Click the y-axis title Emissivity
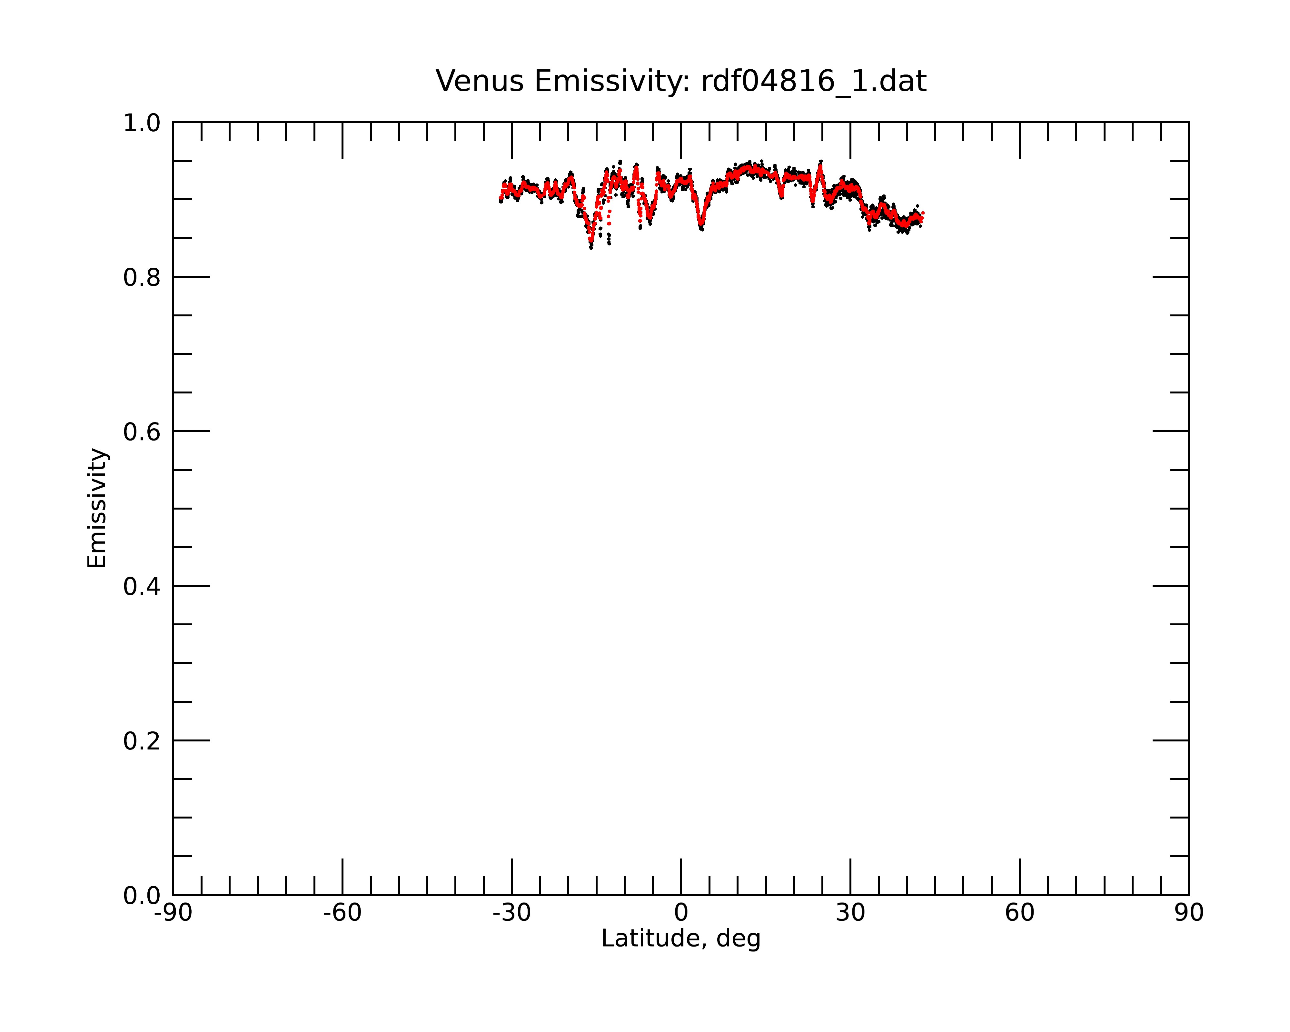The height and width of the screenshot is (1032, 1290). click(x=97, y=508)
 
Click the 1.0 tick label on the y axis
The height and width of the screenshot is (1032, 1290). click(x=142, y=123)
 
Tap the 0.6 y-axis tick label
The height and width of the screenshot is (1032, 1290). click(x=142, y=432)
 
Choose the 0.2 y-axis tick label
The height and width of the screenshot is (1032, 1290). click(x=142, y=741)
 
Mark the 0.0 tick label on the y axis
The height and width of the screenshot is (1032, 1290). click(x=142, y=896)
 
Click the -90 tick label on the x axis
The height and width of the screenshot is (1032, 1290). click(x=173, y=913)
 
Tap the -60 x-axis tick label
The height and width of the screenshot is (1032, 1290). click(x=342, y=913)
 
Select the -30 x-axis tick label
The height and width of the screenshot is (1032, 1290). click(x=511, y=913)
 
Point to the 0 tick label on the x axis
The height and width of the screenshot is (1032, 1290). click(x=681, y=913)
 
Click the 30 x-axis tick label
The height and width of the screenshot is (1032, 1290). click(x=850, y=913)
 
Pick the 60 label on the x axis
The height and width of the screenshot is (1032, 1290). click(x=1019, y=913)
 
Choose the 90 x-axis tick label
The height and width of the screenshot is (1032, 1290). click(x=1189, y=913)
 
